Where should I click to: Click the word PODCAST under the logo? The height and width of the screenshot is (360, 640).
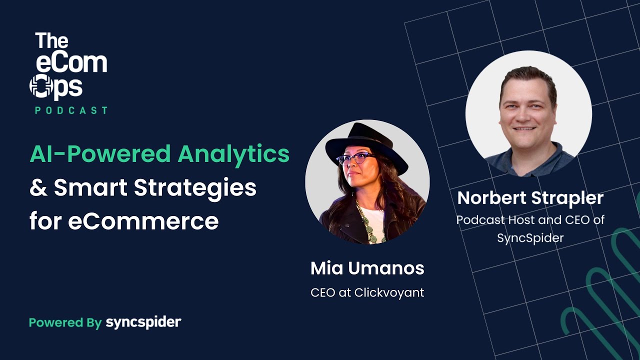coord(71,110)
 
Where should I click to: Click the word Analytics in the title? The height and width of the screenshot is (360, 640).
coord(233,154)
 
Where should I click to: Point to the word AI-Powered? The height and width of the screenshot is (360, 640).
coord(100,154)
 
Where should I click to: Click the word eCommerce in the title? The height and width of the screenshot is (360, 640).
coord(143,221)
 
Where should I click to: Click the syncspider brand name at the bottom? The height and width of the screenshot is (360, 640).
coord(143,322)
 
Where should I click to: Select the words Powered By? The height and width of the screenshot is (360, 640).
coord(65,322)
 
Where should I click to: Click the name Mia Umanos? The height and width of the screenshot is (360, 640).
coord(367,268)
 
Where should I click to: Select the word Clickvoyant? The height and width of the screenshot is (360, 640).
coord(389,292)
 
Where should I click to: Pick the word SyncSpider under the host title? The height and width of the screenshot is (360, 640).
coord(530,238)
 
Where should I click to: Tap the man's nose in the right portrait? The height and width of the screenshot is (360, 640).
coord(528,114)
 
